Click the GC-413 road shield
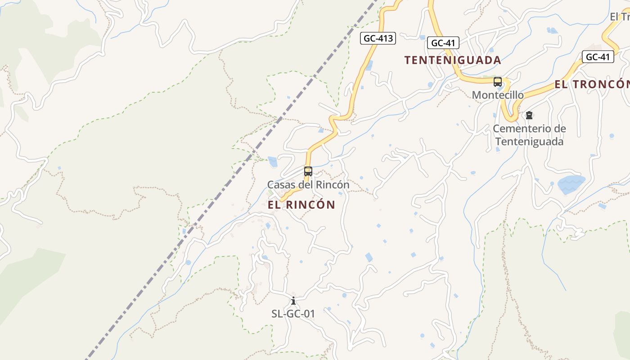coord(378,38)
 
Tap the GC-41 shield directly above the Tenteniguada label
coord(443,43)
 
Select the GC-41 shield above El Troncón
coord(598,57)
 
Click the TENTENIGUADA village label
coord(452,60)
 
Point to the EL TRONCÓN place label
coord(592,84)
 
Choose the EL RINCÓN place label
coord(301,205)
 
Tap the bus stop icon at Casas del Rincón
coord(308,171)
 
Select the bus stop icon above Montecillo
coord(498,82)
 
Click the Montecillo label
coord(498,95)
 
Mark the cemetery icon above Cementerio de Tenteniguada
coord(529,116)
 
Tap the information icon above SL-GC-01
coord(293,301)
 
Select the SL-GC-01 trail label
coord(293,314)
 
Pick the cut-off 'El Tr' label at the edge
coord(620,17)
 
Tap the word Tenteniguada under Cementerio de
coord(529,142)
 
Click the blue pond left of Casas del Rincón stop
coord(273,162)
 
